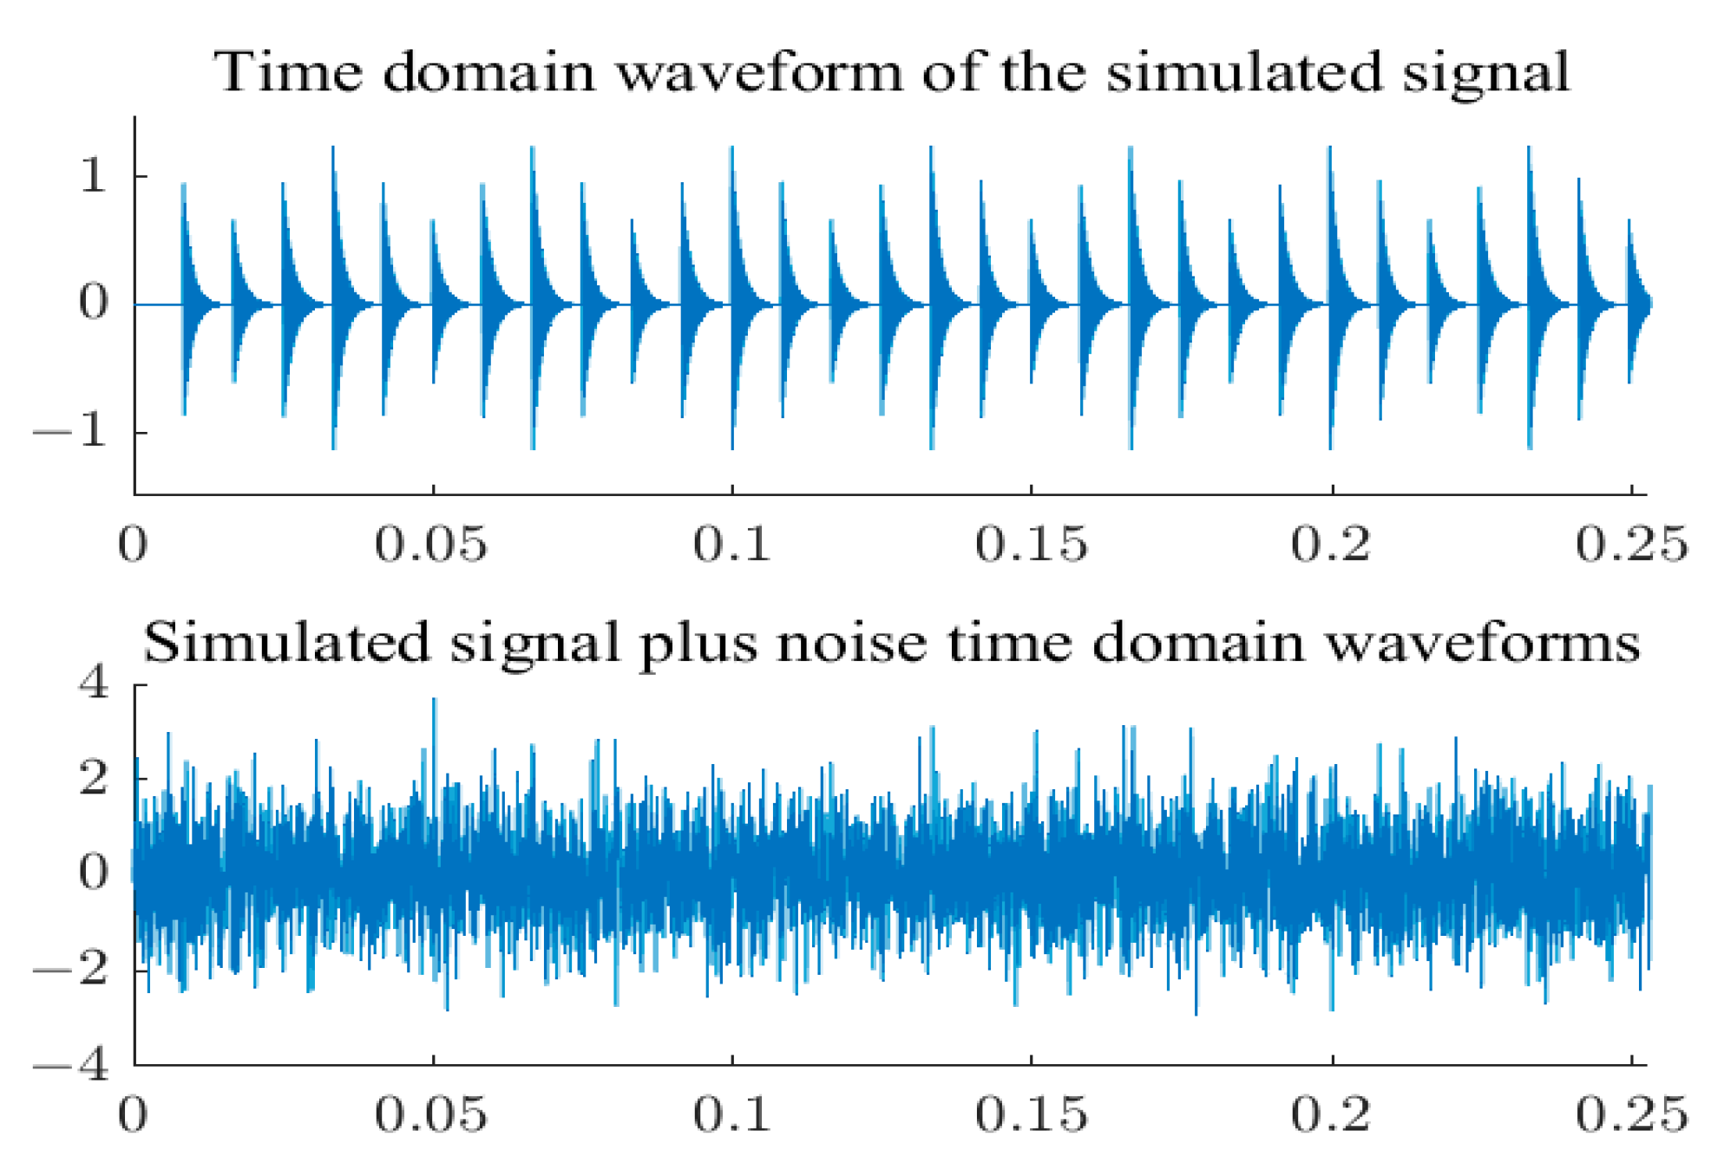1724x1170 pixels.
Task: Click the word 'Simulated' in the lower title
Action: [x=286, y=644]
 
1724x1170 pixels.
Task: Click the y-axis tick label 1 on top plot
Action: [x=93, y=176]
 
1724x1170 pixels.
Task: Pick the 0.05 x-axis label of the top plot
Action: [x=431, y=545]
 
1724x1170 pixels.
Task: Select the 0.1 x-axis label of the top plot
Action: [x=731, y=545]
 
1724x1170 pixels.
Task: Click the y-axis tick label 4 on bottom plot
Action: [x=94, y=683]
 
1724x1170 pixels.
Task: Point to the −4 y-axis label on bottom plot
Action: [x=71, y=1064]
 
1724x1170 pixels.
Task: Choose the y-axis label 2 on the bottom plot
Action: [x=94, y=778]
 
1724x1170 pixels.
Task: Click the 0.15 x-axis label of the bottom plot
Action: [x=1031, y=1114]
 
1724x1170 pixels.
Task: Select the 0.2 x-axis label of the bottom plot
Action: [x=1331, y=1114]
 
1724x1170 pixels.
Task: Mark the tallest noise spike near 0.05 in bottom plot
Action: [x=434, y=701]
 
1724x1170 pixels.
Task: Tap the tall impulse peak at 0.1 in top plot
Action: [x=732, y=149]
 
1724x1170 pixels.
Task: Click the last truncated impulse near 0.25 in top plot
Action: [x=1629, y=223]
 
